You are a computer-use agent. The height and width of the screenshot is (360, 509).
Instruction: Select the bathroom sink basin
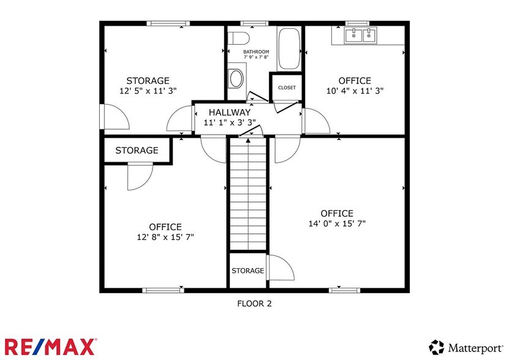[235, 78]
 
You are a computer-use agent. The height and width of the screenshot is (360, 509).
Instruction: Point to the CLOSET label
[287, 88]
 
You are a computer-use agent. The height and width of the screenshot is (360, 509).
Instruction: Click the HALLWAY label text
[229, 113]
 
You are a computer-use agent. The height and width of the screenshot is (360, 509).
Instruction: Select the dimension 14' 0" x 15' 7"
[337, 223]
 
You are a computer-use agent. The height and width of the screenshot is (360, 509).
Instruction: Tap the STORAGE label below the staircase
[248, 271]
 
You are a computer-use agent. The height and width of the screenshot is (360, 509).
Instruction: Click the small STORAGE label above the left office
[137, 151]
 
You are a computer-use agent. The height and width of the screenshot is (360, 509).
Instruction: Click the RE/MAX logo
[50, 346]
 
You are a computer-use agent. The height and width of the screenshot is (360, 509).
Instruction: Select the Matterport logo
[466, 347]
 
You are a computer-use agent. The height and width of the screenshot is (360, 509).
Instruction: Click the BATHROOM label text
[255, 52]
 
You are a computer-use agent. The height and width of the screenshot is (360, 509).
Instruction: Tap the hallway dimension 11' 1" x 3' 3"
[229, 122]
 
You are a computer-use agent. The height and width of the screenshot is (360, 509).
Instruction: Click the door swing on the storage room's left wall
[115, 116]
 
